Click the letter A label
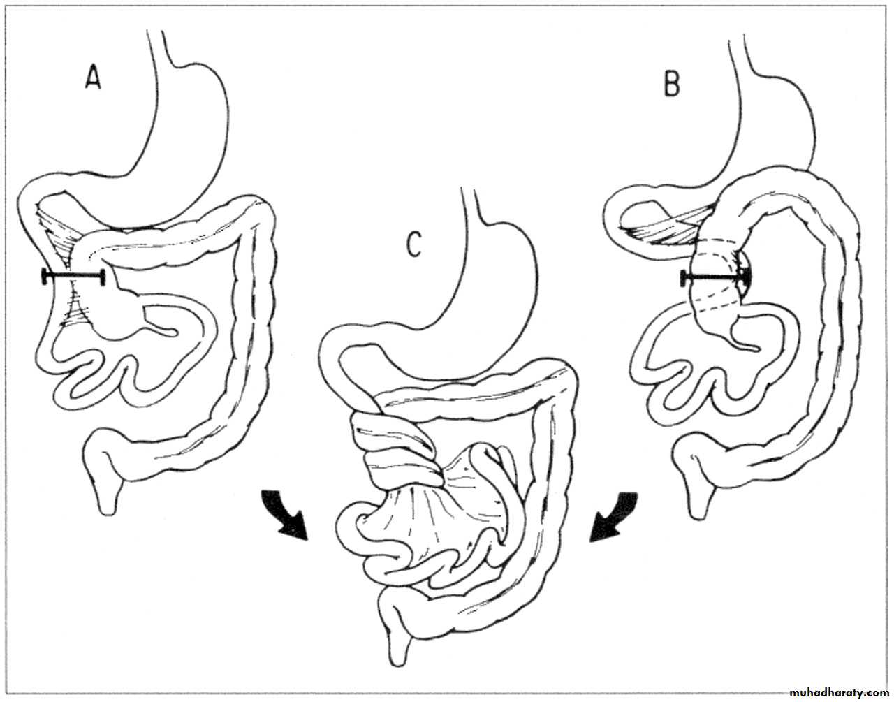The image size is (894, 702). click(x=93, y=78)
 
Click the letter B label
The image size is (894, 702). click(x=672, y=85)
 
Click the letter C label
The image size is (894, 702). click(x=413, y=244)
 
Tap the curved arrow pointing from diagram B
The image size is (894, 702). click(x=614, y=518)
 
